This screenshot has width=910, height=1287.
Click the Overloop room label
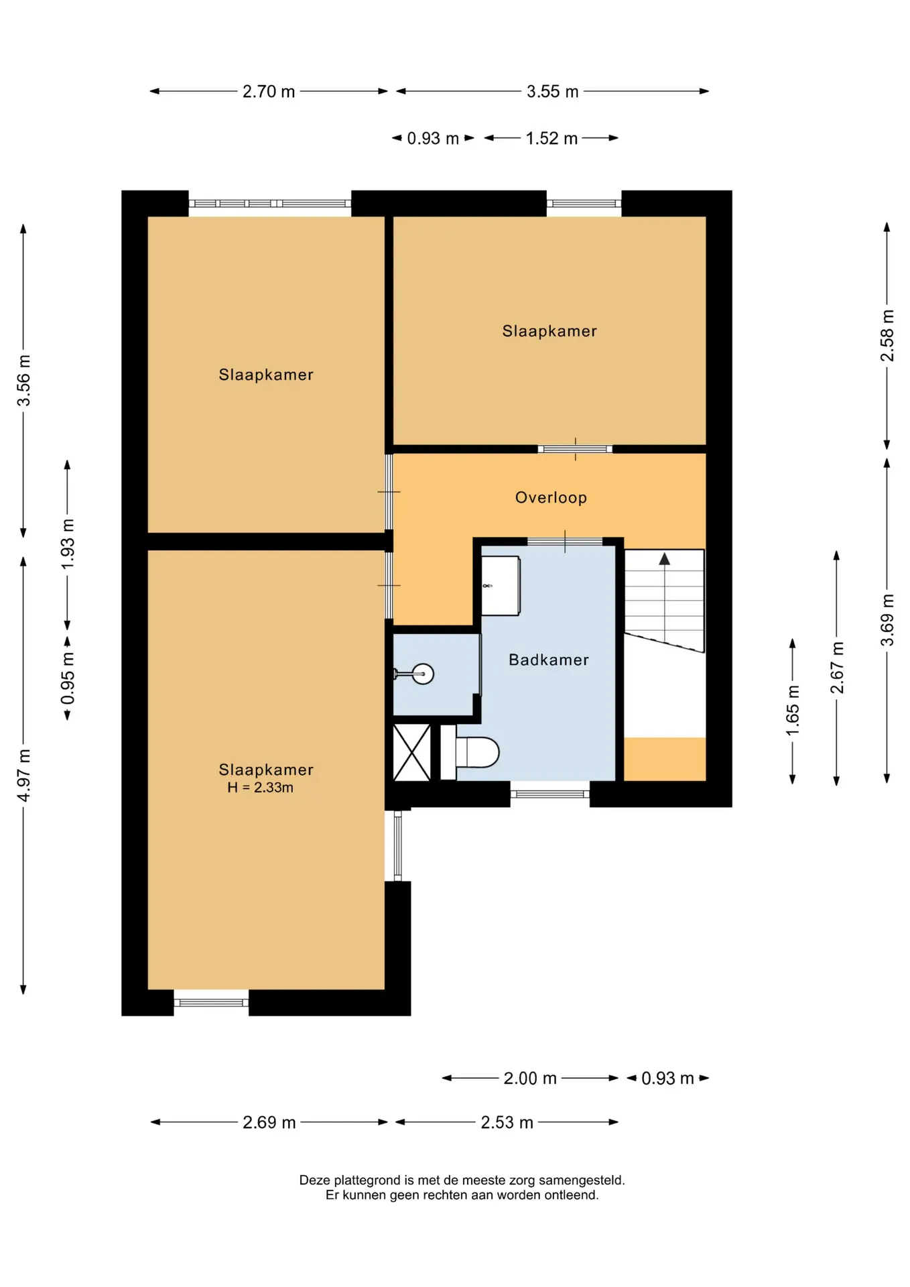551,497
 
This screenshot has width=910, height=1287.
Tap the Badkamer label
549,660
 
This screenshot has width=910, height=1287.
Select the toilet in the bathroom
470,752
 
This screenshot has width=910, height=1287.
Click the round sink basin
423,673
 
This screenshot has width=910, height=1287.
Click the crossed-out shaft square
411,753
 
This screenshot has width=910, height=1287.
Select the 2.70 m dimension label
269,91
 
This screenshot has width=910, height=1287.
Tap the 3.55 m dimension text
552,91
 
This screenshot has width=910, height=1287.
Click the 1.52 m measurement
551,138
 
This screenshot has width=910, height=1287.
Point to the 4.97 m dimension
24,776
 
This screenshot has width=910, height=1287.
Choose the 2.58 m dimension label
887,335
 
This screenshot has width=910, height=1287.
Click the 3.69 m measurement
887,620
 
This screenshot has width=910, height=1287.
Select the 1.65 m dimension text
793,711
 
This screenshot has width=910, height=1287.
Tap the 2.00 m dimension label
530,1078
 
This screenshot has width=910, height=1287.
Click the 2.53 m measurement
507,1122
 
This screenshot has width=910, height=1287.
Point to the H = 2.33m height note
260,788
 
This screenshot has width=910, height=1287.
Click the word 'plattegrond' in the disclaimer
367,1180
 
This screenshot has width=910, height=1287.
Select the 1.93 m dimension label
68,544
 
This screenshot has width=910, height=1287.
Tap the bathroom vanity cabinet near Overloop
501,586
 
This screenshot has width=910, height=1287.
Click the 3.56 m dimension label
24,381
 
